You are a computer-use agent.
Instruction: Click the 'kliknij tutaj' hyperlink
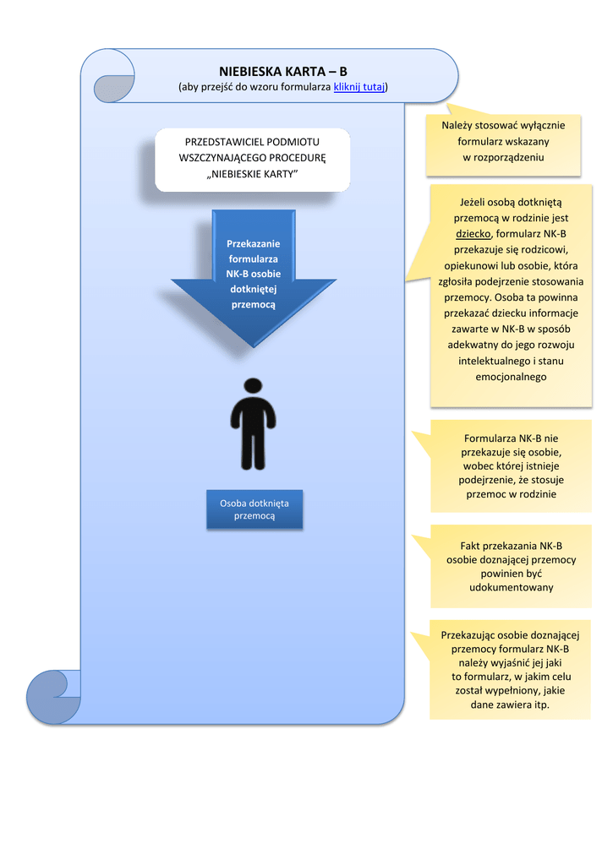pyautogui.click(x=359, y=87)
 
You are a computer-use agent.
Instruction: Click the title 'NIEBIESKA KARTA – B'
pyautogui.click(x=282, y=71)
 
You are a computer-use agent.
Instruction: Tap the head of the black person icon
pyautogui.click(x=253, y=385)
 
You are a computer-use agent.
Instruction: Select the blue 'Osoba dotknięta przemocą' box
pyautogui.click(x=255, y=509)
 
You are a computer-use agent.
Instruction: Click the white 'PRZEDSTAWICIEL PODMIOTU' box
pyautogui.click(x=252, y=160)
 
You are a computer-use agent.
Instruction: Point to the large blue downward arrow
pyautogui.click(x=254, y=279)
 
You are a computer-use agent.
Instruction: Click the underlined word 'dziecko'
pyautogui.click(x=473, y=234)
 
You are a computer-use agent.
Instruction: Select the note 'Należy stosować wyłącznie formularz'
pyautogui.click(x=503, y=145)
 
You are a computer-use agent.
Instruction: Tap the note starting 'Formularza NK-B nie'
pyautogui.click(x=511, y=466)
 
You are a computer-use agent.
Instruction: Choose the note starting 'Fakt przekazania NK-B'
pyautogui.click(x=511, y=567)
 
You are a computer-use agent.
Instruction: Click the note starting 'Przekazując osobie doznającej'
pyautogui.click(x=511, y=669)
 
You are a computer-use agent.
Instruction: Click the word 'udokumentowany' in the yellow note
pyautogui.click(x=512, y=588)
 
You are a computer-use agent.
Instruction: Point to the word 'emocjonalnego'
pyautogui.click(x=512, y=378)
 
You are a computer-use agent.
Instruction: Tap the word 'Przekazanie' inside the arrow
pyautogui.click(x=254, y=244)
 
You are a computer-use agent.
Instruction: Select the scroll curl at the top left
pyautogui.click(x=114, y=76)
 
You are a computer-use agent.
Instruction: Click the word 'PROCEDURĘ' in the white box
pyautogui.click(x=298, y=158)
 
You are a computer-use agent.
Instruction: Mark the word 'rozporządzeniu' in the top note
pyautogui.click(x=509, y=157)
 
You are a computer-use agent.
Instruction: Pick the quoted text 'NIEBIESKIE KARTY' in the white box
pyautogui.click(x=252, y=174)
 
